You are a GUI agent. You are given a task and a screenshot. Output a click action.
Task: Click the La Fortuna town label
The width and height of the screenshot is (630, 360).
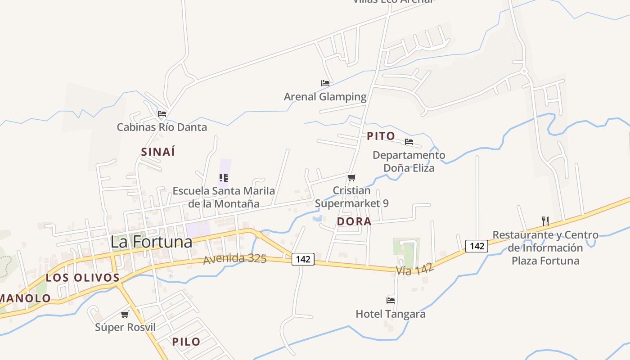[x=151, y=242]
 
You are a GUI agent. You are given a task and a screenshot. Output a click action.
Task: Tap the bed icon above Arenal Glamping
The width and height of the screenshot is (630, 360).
[x=325, y=83]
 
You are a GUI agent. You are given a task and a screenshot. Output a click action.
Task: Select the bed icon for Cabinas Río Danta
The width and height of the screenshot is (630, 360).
[x=162, y=114]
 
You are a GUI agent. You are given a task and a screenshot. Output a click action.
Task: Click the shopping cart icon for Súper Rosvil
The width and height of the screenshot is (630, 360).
[x=125, y=314]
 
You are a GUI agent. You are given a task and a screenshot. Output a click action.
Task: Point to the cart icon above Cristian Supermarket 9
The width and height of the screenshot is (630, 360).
[x=352, y=177]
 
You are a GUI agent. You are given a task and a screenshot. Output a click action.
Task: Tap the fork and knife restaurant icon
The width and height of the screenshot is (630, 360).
[x=545, y=221]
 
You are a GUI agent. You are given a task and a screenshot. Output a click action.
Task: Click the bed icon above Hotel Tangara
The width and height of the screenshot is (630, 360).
[x=391, y=300]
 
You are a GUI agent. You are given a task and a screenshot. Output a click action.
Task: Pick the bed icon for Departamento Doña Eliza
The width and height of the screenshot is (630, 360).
[x=409, y=142]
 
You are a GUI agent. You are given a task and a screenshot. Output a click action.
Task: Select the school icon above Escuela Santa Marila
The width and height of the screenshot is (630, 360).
[x=224, y=178]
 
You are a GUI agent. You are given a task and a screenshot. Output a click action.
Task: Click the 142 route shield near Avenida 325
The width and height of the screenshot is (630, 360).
[x=303, y=259]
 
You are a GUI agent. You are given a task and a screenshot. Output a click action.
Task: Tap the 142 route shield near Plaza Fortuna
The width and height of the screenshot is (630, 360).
[x=477, y=246]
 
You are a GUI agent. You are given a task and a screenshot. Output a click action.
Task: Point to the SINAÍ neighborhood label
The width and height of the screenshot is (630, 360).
[x=158, y=152]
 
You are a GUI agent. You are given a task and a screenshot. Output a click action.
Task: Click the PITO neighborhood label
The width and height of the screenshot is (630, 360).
[x=381, y=136]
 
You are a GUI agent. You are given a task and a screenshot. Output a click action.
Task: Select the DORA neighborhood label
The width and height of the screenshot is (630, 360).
[x=354, y=221]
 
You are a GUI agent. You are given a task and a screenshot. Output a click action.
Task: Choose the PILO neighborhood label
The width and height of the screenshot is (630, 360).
[x=186, y=342]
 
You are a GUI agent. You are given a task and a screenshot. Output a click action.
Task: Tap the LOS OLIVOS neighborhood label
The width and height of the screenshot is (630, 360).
[x=83, y=278]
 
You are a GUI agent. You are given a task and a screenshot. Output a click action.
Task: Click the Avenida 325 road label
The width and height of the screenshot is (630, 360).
[x=234, y=259]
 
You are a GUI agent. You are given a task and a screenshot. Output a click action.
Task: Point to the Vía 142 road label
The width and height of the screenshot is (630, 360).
[x=415, y=269]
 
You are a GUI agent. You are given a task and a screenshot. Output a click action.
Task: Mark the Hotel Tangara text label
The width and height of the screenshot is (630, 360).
[x=391, y=314]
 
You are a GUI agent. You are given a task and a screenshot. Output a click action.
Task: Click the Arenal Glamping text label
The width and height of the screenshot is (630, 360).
[x=325, y=97]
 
